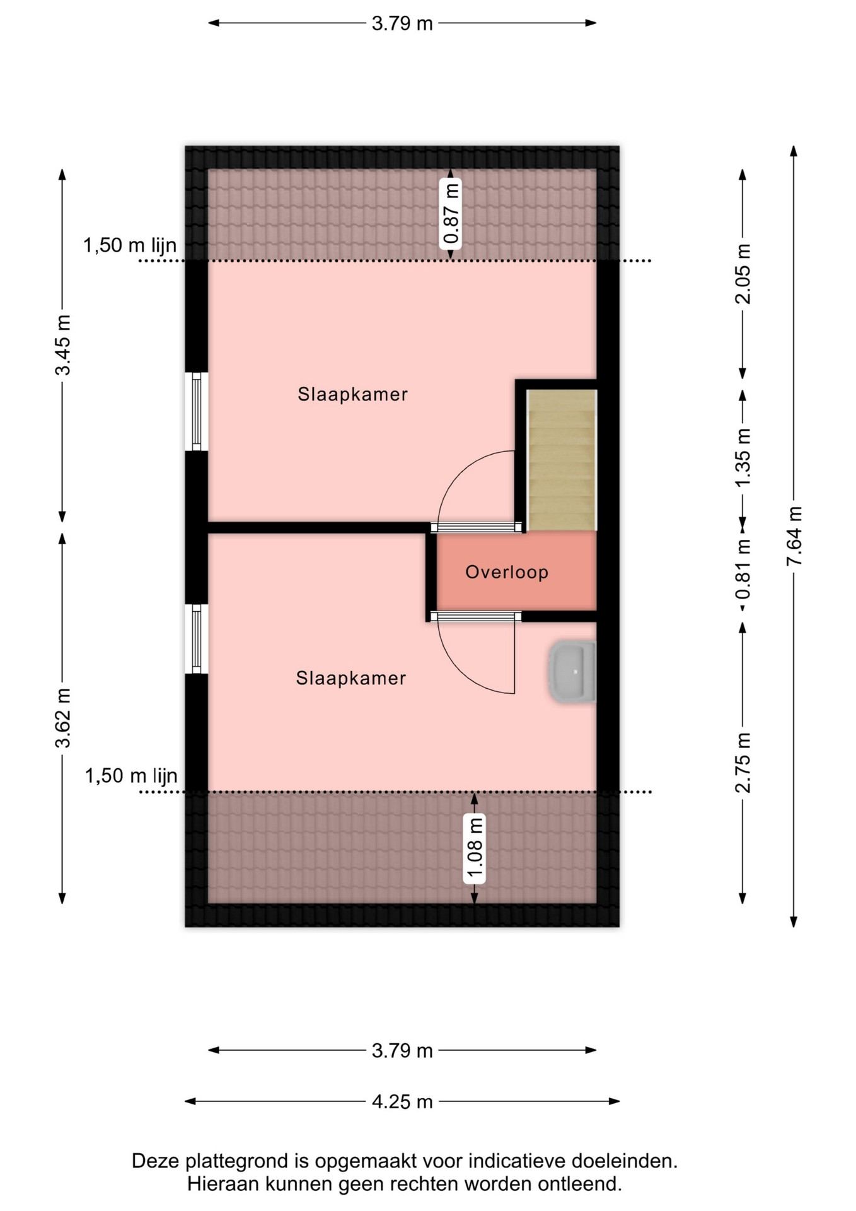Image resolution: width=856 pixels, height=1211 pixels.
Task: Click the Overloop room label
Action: click(x=507, y=572)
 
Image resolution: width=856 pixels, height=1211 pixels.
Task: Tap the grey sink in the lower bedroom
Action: click(x=572, y=672)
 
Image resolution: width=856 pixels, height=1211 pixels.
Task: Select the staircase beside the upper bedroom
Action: click(x=562, y=460)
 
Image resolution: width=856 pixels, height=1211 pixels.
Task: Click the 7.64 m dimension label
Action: click(x=794, y=535)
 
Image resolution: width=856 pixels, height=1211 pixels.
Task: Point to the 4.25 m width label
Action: click(x=402, y=1102)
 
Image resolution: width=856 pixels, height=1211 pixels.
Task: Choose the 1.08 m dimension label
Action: click(x=475, y=849)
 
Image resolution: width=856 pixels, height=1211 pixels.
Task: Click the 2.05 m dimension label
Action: click(x=743, y=274)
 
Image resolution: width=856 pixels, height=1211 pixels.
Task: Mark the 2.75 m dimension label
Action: click(x=743, y=763)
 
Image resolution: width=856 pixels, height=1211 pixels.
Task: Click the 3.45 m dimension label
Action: click(x=63, y=344)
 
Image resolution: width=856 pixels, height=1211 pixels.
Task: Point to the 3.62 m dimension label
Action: click(x=63, y=718)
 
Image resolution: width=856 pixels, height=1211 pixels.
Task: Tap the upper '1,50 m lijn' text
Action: click(x=130, y=245)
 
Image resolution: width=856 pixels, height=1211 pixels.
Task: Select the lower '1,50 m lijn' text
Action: click(x=131, y=776)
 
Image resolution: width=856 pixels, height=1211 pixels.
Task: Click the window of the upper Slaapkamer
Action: click(x=197, y=411)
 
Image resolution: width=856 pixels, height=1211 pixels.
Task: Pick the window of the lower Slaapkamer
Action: click(x=197, y=639)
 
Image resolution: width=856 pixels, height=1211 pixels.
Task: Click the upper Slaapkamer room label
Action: click(x=353, y=394)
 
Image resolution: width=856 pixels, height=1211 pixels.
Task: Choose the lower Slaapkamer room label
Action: click(x=351, y=678)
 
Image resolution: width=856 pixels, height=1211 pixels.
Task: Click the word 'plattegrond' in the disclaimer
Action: click(x=240, y=1161)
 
